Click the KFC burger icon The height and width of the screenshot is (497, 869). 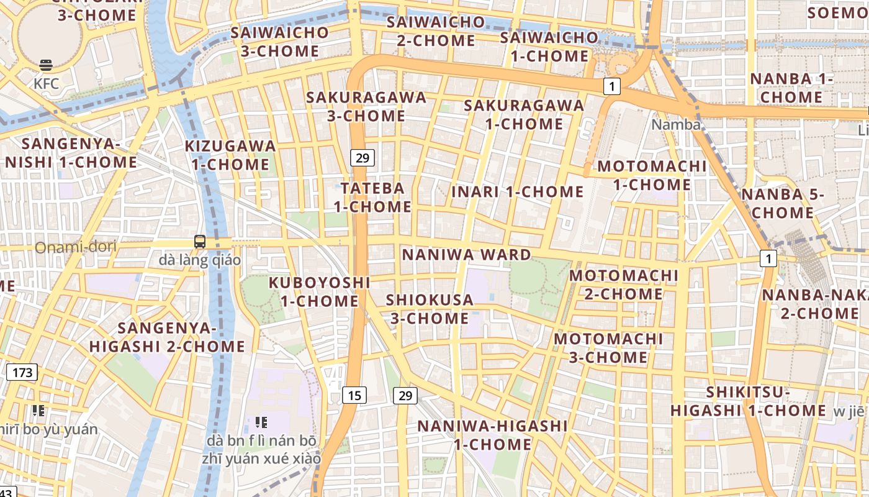point(45,65)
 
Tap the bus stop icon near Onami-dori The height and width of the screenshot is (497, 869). point(199,242)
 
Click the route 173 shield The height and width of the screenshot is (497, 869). point(22,372)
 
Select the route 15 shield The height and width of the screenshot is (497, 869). point(354,394)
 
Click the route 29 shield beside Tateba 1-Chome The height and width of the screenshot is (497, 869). point(362,158)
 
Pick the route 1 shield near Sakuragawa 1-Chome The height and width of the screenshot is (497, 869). point(612,86)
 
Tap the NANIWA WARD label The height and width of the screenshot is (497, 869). point(467,255)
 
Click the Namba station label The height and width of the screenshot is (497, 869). point(675,125)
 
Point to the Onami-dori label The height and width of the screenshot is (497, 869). point(75,247)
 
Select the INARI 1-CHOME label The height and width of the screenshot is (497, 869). point(518,192)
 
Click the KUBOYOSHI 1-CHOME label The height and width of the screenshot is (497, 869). point(320,291)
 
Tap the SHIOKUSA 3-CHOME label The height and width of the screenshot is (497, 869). point(429,309)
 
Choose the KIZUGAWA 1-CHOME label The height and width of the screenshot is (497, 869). point(230,155)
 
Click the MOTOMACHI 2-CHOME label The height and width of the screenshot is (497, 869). point(624,284)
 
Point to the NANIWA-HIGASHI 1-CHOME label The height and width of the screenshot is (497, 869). point(492,435)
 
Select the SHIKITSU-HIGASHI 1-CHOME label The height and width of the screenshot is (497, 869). point(748,401)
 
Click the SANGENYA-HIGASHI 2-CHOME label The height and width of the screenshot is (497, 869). point(168,337)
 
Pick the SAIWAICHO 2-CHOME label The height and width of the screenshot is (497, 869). point(436,31)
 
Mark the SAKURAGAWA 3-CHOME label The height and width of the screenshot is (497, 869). point(366,106)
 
